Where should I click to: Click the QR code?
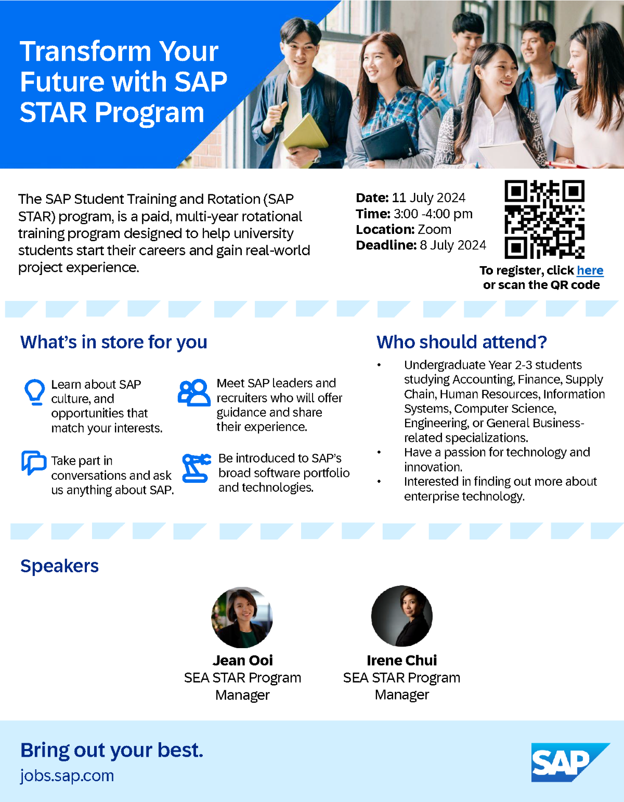[544, 219]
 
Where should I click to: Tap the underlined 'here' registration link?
[590, 270]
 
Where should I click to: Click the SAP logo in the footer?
[570, 762]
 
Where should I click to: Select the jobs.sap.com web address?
[67, 776]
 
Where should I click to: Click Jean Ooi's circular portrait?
[242, 617]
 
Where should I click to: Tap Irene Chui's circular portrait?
[402, 616]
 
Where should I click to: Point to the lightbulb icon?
[35, 392]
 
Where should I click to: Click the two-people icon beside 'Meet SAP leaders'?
[194, 393]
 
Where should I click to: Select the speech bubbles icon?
[34, 463]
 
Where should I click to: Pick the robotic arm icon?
[197, 468]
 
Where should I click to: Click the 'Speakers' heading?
[59, 566]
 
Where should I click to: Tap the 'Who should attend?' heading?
[462, 342]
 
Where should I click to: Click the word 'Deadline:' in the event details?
[386, 245]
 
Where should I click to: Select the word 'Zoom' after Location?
[435, 230]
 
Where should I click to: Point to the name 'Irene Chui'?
[402, 660]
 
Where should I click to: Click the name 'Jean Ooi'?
[243, 660]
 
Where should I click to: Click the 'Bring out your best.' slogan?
[112, 750]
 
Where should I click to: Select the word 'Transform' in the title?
[86, 51]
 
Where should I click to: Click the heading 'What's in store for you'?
[114, 342]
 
